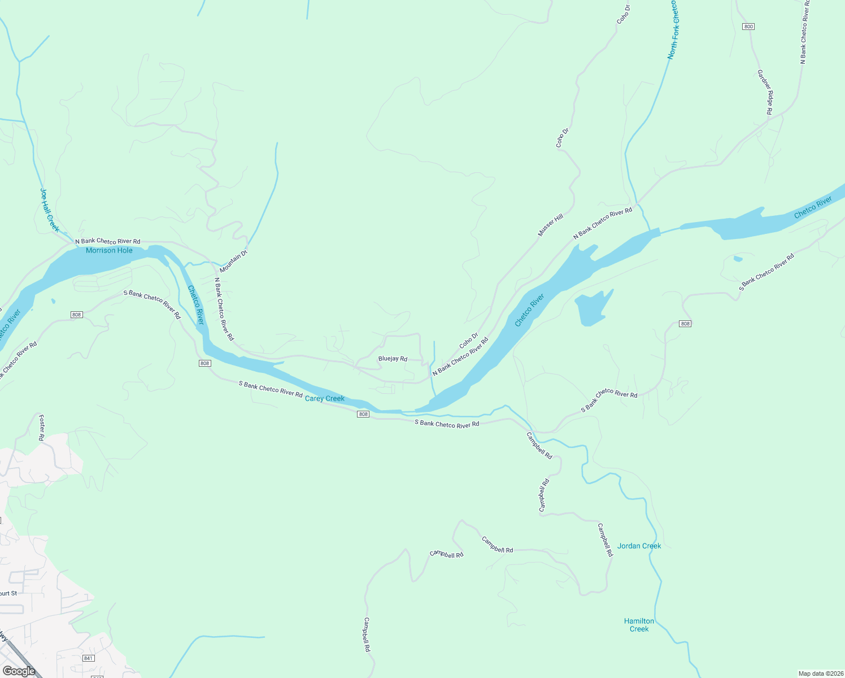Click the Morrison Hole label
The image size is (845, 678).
(x=109, y=250)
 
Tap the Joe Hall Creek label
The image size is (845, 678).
(x=49, y=210)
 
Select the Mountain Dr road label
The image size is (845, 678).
(x=234, y=262)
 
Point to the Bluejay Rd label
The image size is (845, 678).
(x=393, y=359)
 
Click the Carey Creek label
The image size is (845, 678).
(x=325, y=398)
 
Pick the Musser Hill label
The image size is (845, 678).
(x=550, y=225)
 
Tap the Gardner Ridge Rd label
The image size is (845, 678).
(x=765, y=92)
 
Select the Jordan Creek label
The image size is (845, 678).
(x=639, y=546)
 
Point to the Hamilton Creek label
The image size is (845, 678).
(x=639, y=625)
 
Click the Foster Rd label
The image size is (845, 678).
(x=41, y=428)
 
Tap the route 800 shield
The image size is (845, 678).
(x=749, y=27)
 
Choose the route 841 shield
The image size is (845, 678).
(x=88, y=658)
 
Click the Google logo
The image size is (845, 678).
(x=19, y=671)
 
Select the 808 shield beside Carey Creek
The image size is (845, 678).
(x=363, y=414)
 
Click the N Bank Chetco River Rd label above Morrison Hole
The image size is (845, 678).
(x=108, y=241)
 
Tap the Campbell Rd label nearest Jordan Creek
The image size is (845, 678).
(x=605, y=540)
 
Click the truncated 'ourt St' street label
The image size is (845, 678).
(x=8, y=593)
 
